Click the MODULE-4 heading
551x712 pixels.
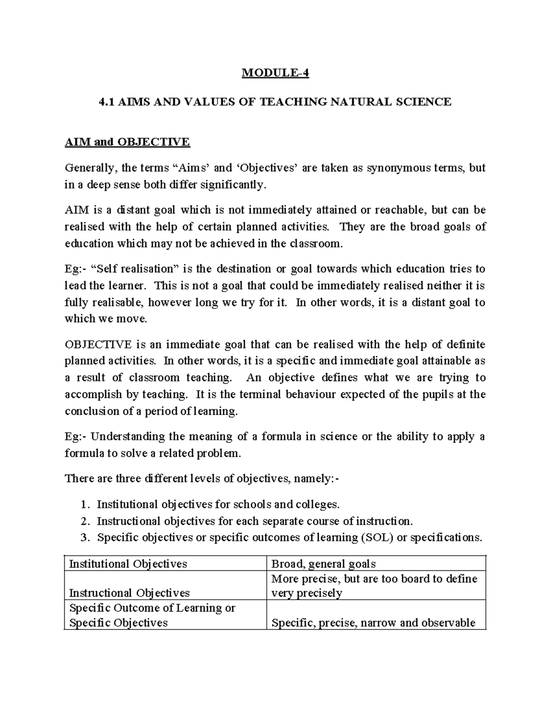(275, 73)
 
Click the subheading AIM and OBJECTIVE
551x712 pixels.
(127, 142)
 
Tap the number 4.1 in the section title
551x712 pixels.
(107, 101)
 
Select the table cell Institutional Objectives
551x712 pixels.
(128, 564)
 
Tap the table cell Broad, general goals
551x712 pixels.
(323, 564)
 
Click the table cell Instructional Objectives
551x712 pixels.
(129, 593)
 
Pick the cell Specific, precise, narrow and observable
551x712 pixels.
(373, 623)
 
